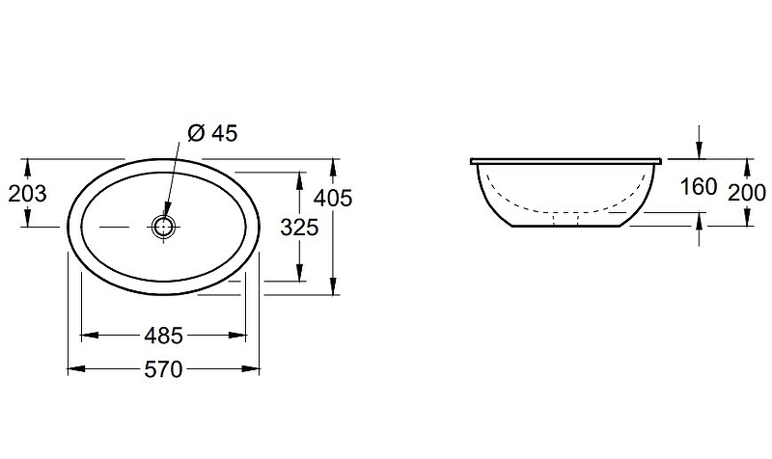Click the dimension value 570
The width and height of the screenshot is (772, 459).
[164, 369]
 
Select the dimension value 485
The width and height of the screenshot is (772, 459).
[164, 336]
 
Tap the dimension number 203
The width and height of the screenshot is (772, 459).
[27, 194]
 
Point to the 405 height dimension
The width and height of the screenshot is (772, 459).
[333, 198]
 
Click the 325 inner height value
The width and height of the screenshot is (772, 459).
[300, 229]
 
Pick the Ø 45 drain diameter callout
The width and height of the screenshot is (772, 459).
[211, 134]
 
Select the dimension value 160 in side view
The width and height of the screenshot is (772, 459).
[699, 186]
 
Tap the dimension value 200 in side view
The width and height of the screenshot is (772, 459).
[747, 193]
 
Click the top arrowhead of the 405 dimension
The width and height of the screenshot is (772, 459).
[333, 165]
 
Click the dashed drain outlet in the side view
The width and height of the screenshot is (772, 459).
[565, 220]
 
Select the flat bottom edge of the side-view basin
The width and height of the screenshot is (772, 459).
[565, 229]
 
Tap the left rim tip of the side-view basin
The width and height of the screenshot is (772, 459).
[472, 161]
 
